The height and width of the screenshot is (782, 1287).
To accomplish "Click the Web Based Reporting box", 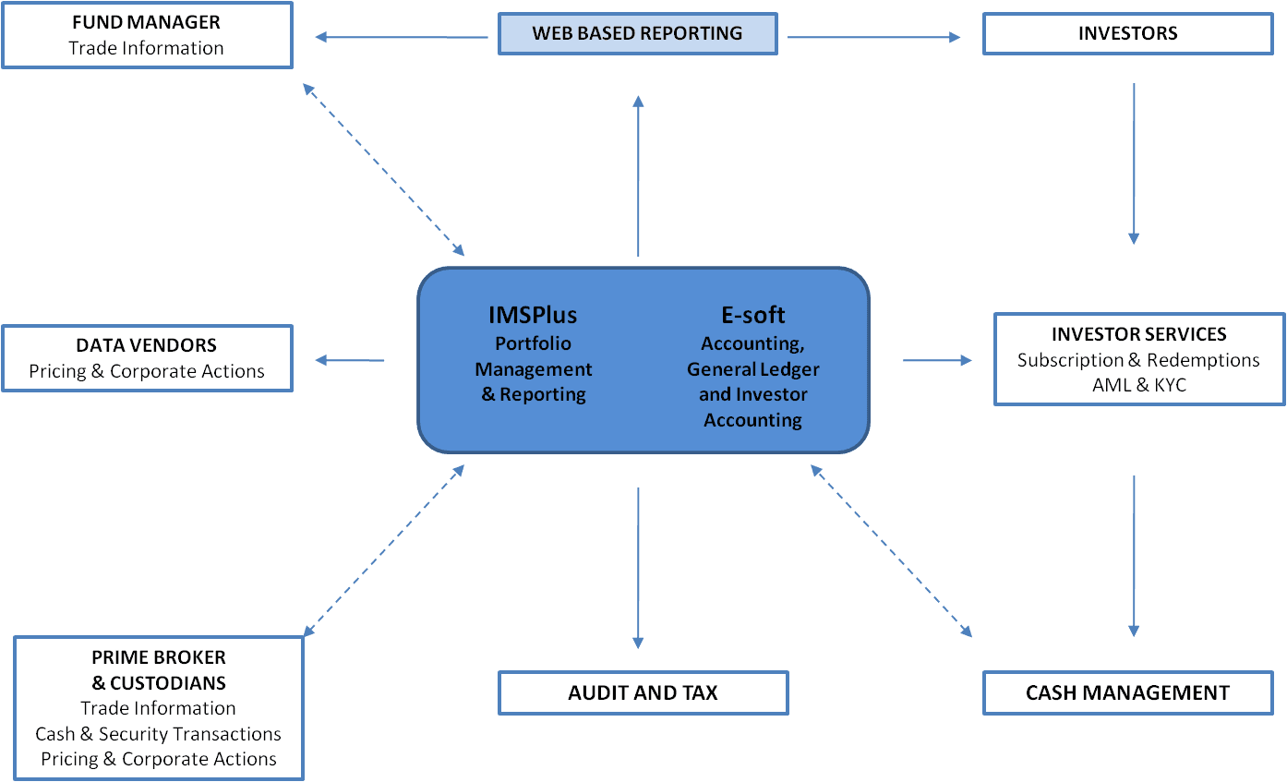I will pos(637,34).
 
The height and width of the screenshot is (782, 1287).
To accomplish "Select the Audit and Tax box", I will pos(643,692).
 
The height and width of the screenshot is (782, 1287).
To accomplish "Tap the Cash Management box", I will pos(1127,692).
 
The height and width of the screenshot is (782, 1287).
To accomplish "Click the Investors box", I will pos(1127,34).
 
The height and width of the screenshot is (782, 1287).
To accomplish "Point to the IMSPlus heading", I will pos(533,315).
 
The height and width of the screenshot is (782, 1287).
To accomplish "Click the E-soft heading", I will pos(752,315).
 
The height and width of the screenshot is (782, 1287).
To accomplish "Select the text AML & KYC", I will pos(1138,385).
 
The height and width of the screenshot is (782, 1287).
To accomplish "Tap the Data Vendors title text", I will pos(146,345).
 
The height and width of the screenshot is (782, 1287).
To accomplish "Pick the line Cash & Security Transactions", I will pos(158,734).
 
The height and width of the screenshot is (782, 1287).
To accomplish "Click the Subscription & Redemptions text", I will pos(1138,360).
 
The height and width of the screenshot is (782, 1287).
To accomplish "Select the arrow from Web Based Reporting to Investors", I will pos(874,37).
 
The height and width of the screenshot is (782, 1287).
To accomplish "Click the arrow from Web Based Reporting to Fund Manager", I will pos(401,37).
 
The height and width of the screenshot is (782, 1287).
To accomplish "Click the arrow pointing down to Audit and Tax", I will pos(638,568).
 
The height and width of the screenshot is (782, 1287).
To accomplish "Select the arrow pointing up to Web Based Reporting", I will pos(638,175).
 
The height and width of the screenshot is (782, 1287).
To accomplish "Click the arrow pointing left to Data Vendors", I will pos(350,360).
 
